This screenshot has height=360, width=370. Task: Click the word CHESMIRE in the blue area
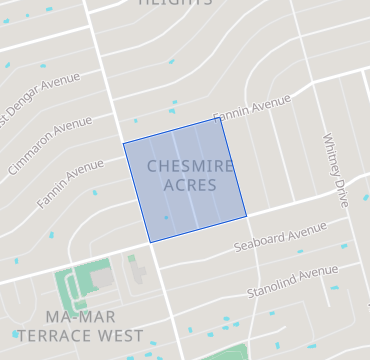191,166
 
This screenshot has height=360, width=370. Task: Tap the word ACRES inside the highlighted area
190,185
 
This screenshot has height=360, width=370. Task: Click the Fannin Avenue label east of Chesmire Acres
251,106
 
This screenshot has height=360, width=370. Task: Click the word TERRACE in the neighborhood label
59,336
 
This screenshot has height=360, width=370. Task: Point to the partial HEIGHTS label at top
175,3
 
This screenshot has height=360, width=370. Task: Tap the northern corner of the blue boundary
221,118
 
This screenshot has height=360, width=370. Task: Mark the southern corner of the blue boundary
150,242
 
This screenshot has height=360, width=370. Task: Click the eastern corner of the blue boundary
247,215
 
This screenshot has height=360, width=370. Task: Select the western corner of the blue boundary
124,144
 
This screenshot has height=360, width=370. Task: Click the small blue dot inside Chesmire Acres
167,217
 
